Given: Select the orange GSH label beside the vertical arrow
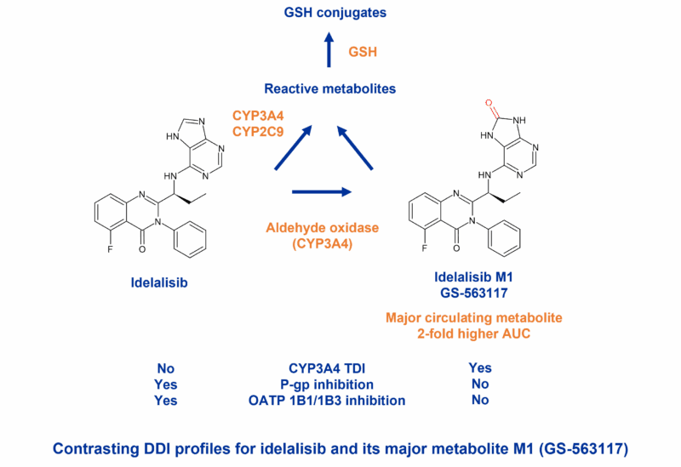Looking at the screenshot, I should point(363,53).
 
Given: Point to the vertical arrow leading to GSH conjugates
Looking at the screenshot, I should point(329,53).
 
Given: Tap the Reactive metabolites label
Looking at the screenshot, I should point(329,88).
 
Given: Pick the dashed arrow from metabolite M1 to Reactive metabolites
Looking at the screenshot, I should point(356,146).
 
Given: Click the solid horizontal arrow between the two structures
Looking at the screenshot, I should point(322,191).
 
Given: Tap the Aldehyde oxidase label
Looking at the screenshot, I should point(322,228).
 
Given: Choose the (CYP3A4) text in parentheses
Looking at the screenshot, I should point(322,244).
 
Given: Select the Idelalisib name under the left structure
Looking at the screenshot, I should point(158,282).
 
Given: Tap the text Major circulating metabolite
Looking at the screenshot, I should point(474,317).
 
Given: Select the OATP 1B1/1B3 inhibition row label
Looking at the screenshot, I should point(326,400).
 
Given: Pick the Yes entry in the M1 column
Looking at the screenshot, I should point(479,368).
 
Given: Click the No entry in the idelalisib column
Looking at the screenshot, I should point(165,368).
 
